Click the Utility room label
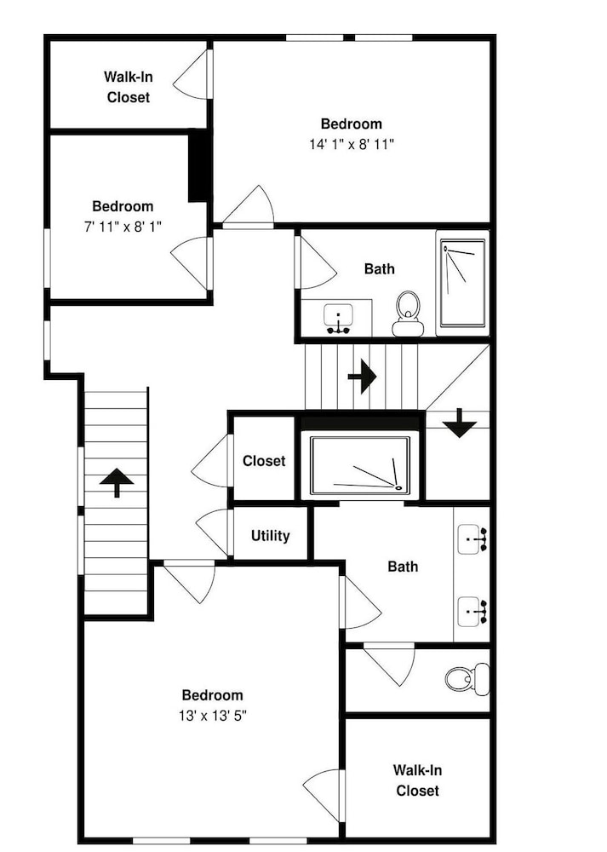[x=270, y=536]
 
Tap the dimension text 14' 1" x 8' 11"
[x=352, y=145]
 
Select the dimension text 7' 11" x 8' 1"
[x=123, y=227]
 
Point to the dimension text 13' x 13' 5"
[x=212, y=717]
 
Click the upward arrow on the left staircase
[x=117, y=482]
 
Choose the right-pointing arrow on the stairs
[x=362, y=376]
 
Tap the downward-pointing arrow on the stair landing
[x=460, y=423]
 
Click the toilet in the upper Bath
[x=408, y=314]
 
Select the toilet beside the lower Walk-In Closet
[x=467, y=678]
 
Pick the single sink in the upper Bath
[x=338, y=319]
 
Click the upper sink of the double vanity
[x=472, y=539]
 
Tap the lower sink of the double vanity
[x=472, y=612]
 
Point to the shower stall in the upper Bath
[x=462, y=284]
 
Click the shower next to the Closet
[x=359, y=465]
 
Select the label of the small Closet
[x=264, y=461]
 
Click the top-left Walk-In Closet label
[x=129, y=87]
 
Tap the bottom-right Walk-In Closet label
[x=417, y=780]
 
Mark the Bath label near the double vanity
[x=403, y=567]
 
